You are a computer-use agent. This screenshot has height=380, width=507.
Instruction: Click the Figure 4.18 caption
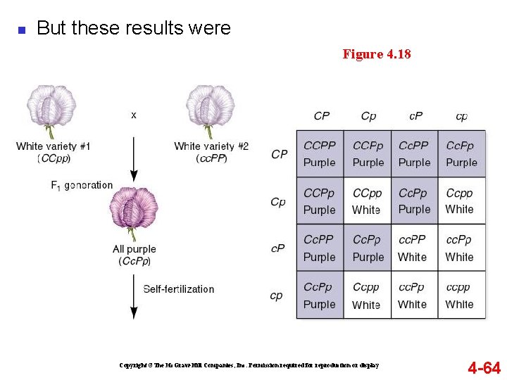(377, 54)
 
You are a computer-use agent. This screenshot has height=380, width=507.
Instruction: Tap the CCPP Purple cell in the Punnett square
(320, 153)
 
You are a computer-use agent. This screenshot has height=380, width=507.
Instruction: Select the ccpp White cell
(461, 296)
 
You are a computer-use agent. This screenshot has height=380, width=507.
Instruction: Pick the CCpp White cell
(367, 201)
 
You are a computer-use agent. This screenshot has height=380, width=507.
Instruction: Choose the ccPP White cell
(414, 248)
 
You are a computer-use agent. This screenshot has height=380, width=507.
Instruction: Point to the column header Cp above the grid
(368, 116)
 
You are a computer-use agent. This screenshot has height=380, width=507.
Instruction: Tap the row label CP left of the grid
(280, 154)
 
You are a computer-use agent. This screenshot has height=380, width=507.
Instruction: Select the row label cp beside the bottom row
(277, 296)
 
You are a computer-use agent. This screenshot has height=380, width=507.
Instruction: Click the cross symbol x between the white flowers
(134, 114)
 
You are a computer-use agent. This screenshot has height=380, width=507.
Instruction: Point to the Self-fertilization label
(179, 289)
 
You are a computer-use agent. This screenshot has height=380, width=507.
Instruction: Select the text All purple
(134, 249)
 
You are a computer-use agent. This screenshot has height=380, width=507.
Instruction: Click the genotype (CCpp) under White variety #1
(54, 159)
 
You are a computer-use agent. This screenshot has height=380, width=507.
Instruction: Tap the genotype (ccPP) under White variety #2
(211, 159)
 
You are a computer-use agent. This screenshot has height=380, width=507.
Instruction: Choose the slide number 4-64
(484, 367)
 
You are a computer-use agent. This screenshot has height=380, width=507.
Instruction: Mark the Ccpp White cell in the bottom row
(367, 296)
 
